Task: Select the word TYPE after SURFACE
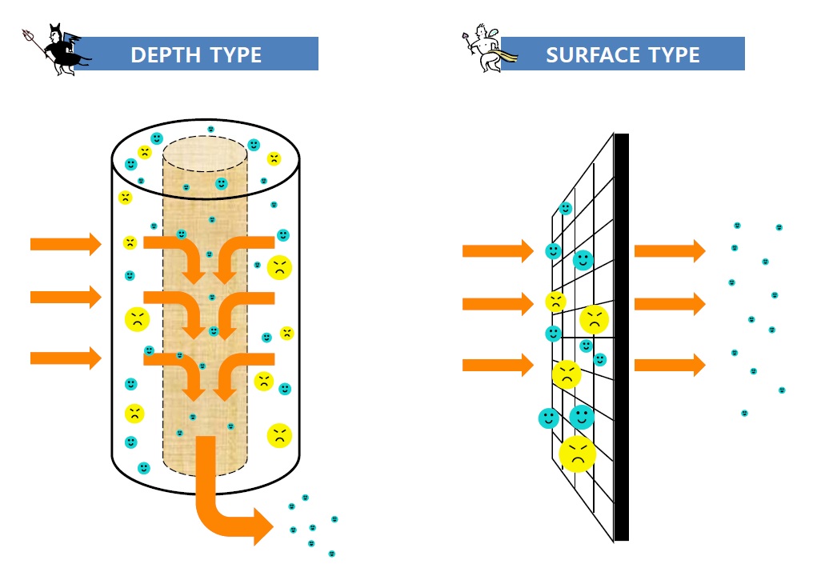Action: point(671,55)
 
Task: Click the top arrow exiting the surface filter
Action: point(669,251)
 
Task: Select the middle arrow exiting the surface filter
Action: point(669,304)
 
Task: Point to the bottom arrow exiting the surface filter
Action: point(669,366)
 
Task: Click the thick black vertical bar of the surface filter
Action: point(621,336)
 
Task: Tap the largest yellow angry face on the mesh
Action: point(578,454)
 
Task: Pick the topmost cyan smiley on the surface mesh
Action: point(566,209)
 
